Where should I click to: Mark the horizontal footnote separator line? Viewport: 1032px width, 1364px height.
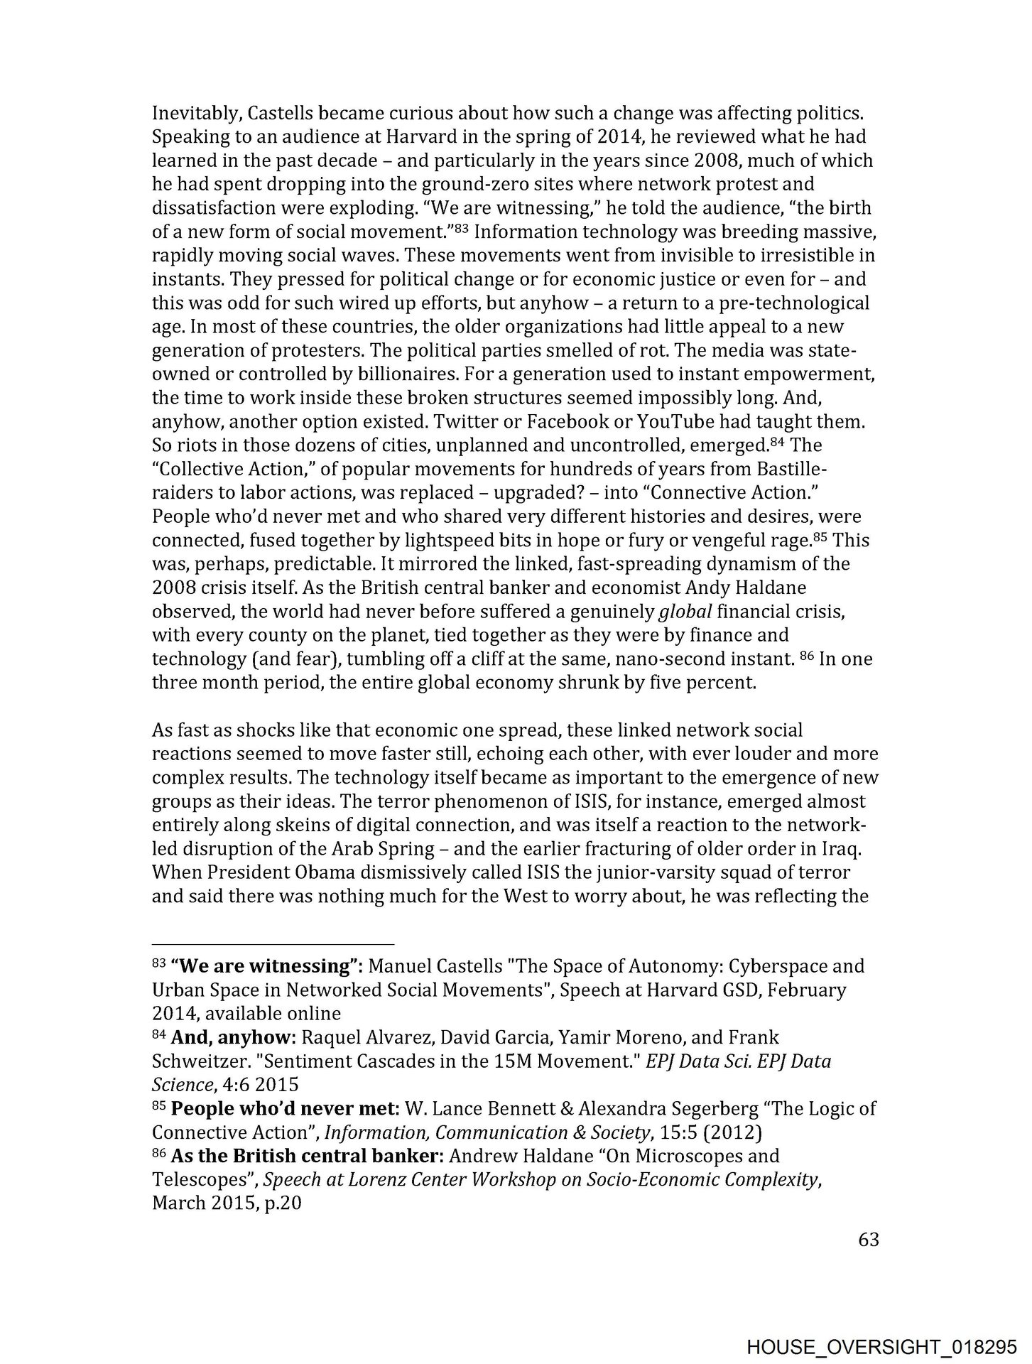(x=273, y=944)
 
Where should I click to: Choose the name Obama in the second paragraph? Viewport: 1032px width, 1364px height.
(x=276, y=872)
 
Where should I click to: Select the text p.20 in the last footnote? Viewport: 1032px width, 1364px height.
(x=280, y=1203)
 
